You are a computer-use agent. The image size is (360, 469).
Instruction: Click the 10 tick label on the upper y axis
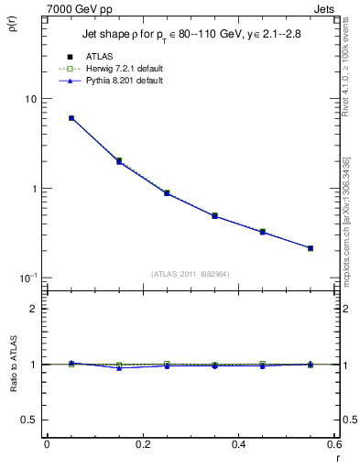[x=29, y=99]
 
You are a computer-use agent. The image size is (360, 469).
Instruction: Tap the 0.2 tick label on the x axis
[x=142, y=444]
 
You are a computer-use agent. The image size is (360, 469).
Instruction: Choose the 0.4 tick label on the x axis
[x=238, y=444]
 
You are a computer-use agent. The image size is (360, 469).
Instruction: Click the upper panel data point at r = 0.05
[x=71, y=118]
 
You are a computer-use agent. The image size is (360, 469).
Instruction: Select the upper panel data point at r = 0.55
[x=311, y=248]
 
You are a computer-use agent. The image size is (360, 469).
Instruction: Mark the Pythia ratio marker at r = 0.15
[x=119, y=368]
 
